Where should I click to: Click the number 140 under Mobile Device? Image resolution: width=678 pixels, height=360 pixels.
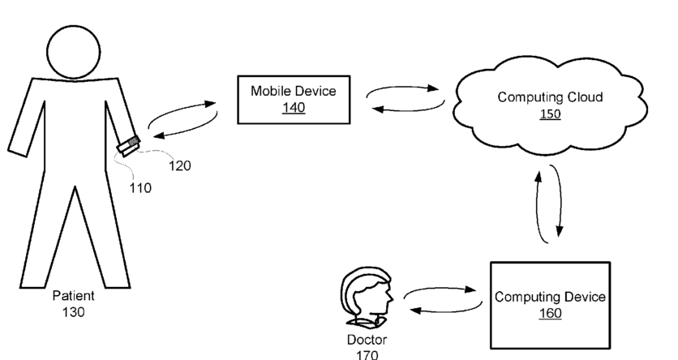click(294, 108)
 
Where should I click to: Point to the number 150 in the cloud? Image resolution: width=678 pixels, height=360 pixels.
click(550, 114)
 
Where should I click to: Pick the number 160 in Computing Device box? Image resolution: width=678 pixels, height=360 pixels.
click(550, 313)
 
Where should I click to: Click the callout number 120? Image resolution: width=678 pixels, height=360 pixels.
click(179, 165)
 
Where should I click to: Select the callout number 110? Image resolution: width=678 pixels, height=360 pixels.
click(140, 188)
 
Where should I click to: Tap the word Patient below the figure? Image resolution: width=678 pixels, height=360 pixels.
click(73, 296)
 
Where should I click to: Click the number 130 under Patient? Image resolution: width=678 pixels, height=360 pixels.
click(73, 312)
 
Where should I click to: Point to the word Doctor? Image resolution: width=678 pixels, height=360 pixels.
click(367, 340)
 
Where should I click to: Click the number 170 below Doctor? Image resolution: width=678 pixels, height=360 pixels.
click(367, 355)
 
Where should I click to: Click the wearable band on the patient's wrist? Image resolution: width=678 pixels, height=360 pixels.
click(128, 146)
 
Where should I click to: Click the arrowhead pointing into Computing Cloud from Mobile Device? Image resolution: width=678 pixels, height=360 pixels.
click(432, 88)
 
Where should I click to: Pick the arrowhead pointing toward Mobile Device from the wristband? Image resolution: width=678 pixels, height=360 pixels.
click(209, 104)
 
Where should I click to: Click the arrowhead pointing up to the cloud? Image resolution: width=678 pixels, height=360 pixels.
click(539, 177)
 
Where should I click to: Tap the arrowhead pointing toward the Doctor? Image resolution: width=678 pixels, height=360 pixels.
click(415, 310)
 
